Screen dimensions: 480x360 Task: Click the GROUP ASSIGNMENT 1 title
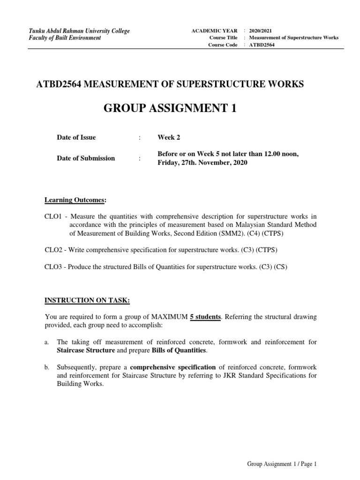coord(169,109)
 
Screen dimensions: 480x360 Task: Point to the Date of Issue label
coord(76,137)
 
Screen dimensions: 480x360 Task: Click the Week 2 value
coord(169,137)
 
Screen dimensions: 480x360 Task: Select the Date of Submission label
coord(86,158)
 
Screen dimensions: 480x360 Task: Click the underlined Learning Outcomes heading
coord(75,201)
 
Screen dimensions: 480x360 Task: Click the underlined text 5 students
coord(205,317)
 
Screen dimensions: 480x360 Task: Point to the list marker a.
coord(46,342)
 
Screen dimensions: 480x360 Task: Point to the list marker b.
coord(47,367)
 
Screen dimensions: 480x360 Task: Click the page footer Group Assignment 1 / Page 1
coord(282,464)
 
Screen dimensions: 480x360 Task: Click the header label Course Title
coord(223,37)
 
